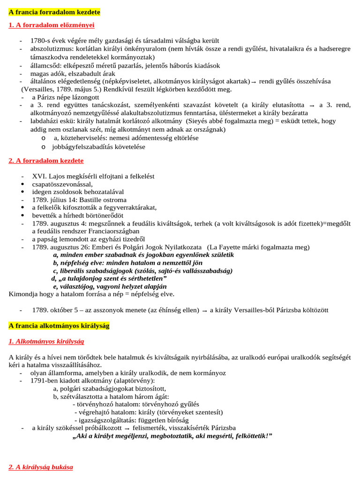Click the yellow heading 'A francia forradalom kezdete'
(54, 11)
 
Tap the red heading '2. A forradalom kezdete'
(46, 160)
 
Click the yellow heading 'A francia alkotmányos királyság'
(59, 325)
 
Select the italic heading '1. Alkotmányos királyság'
(46, 341)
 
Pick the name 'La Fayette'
(226, 247)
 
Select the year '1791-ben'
(44, 381)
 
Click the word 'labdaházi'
(44, 120)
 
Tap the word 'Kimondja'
(22, 294)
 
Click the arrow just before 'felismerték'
(127, 428)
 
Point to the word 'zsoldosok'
(69, 192)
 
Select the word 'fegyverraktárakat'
(129, 207)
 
